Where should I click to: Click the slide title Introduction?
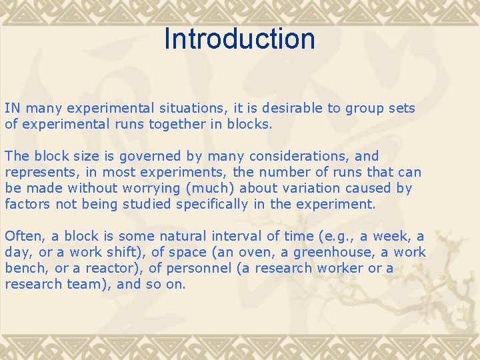coord(239,39)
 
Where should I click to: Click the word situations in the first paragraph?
coord(185,108)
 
